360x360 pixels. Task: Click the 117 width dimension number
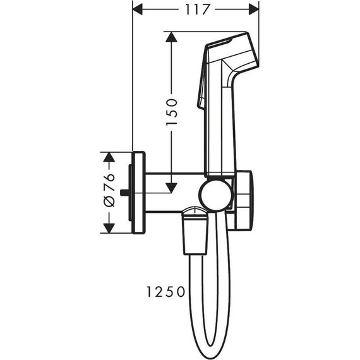pos(195,9)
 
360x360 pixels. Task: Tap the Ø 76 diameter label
pos(107,190)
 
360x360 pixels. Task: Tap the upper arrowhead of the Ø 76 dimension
pos(108,156)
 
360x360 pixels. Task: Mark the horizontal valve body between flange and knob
pos(171,190)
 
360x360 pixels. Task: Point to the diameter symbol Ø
pos(108,203)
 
